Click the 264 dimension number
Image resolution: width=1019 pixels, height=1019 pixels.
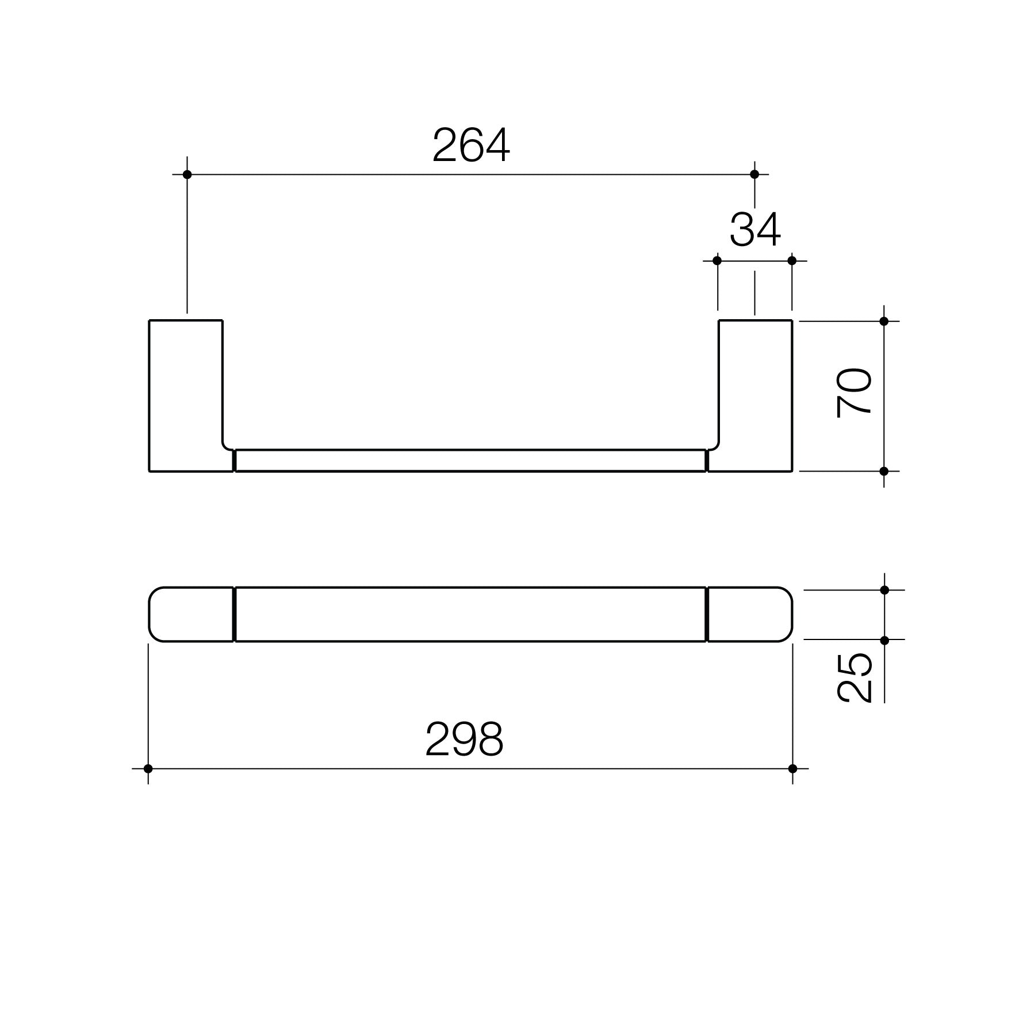coord(471,145)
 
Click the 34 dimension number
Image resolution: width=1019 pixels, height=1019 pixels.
coord(755,230)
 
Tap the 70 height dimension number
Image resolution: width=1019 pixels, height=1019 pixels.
coord(855,393)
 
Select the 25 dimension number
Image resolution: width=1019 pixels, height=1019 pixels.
coord(855,677)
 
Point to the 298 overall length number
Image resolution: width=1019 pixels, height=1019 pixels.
coord(465,740)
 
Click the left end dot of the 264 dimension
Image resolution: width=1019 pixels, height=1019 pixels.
coord(187,174)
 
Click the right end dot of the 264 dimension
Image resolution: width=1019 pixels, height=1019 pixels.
coord(755,174)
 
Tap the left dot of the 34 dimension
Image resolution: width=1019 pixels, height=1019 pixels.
coord(717,261)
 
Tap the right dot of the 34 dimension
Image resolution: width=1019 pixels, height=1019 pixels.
coord(792,261)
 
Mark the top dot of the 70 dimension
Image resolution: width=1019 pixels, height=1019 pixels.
coord(884,321)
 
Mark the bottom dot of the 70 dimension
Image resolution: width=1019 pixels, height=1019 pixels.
coord(884,472)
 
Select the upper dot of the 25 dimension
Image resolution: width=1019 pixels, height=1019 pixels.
coord(885,590)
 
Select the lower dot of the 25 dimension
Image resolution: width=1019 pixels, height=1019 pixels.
coord(885,640)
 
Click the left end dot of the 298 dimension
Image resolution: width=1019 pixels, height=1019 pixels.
coord(148,769)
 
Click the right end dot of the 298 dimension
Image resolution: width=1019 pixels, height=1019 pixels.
coord(793,769)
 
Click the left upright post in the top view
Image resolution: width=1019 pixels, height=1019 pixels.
coord(186,396)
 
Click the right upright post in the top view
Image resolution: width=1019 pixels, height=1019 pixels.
coord(755,396)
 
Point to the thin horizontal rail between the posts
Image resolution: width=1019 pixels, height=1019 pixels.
coord(470,461)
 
